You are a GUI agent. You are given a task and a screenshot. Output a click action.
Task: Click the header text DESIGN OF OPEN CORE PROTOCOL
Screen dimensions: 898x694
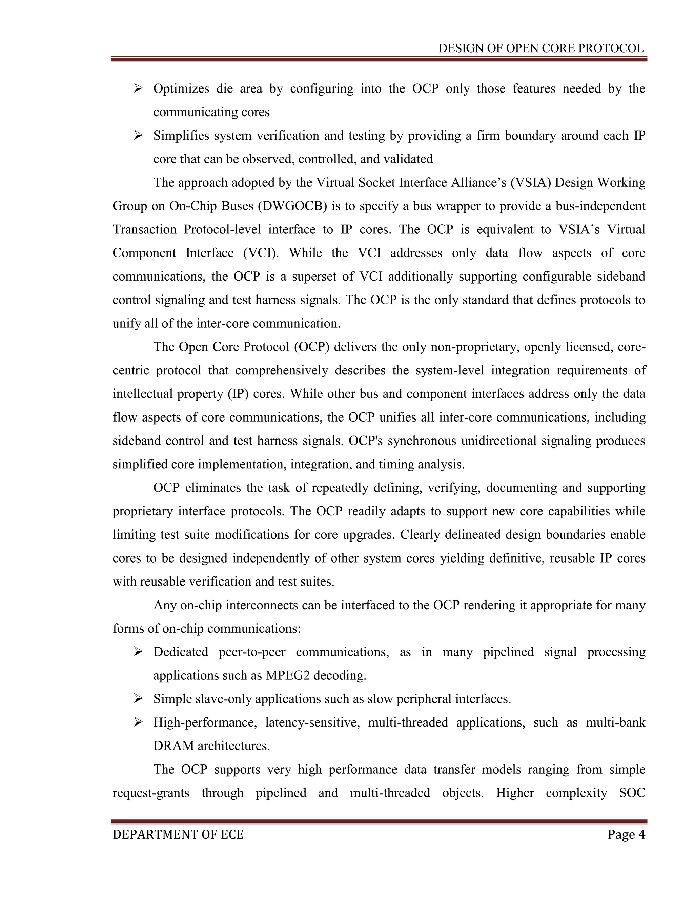point(540,48)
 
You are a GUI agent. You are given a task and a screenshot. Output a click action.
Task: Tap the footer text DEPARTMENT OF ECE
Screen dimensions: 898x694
point(178,834)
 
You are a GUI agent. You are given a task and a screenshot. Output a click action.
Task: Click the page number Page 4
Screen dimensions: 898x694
point(626,834)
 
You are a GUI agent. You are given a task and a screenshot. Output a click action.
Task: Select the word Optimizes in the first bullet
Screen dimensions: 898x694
point(181,88)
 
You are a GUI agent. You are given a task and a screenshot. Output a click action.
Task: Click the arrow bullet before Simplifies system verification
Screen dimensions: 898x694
point(138,135)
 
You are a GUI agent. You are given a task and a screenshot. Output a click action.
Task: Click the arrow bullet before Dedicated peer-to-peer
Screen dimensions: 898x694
point(138,652)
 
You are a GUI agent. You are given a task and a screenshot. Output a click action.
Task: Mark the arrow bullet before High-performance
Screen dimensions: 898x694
point(138,722)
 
